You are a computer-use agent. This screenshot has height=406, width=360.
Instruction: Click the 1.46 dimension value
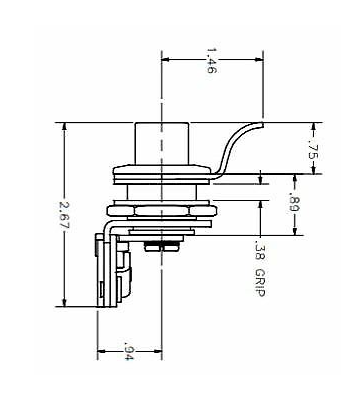click(x=211, y=60)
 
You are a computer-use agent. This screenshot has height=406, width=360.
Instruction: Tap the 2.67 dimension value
click(x=63, y=214)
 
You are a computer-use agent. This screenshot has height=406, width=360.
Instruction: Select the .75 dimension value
click(x=313, y=150)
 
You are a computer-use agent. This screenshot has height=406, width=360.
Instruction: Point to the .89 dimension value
click(x=294, y=204)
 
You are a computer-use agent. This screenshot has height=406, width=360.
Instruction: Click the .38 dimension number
click(x=259, y=251)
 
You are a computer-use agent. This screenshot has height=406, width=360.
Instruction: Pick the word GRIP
click(x=259, y=283)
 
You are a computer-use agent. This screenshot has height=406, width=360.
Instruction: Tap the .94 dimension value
click(x=128, y=351)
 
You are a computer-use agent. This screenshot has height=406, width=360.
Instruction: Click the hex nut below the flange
click(x=162, y=211)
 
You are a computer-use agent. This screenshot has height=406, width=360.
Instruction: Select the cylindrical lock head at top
click(x=162, y=144)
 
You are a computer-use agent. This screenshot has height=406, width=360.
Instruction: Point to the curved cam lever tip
click(x=262, y=124)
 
